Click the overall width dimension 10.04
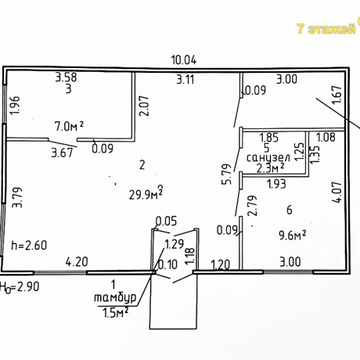point(184,60)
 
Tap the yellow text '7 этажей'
point(326,29)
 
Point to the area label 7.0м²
point(69,126)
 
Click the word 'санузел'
point(268,158)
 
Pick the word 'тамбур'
point(115,297)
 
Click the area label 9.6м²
point(292,236)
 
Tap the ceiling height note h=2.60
point(29,245)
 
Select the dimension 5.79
point(227,175)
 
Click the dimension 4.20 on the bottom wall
point(77,261)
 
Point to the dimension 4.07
point(337,193)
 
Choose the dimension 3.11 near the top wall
point(185,79)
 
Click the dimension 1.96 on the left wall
point(14,105)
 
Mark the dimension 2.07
point(144,106)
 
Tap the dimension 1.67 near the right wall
point(337,94)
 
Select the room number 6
point(289,210)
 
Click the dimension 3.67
point(62,153)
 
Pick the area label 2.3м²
point(270,168)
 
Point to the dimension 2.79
point(253,206)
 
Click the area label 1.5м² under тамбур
point(116,312)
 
